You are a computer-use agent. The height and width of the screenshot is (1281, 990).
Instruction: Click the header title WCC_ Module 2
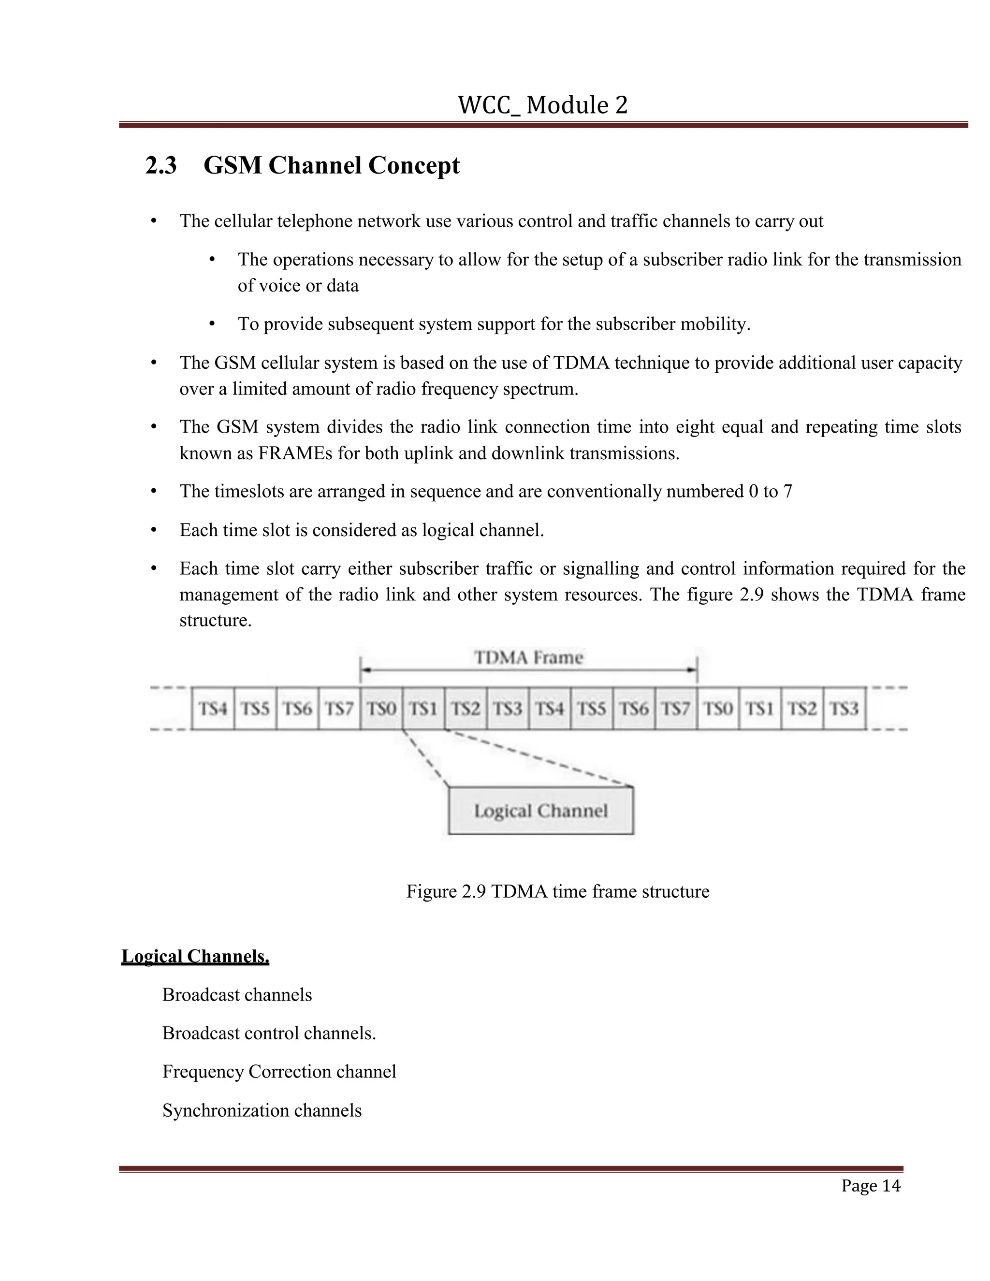tap(542, 105)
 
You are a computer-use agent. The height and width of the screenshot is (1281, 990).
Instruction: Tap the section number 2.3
tap(160, 166)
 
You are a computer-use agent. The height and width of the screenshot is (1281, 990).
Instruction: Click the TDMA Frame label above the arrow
tap(528, 657)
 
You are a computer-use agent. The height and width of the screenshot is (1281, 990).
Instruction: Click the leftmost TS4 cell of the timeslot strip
tap(213, 709)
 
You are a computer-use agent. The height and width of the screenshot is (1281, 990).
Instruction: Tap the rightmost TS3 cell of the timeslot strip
tap(844, 709)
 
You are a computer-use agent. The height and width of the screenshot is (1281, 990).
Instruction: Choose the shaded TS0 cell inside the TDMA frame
tap(381, 709)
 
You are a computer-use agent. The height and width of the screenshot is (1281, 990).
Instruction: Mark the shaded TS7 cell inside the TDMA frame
tap(676, 709)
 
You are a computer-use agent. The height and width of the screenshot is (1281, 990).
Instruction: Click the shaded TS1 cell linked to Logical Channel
tap(423, 709)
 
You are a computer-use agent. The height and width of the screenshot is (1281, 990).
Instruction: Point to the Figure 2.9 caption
tap(557, 891)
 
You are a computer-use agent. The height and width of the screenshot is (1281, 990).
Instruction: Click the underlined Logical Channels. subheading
tap(195, 957)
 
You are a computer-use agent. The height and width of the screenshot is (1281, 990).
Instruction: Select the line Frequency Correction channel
tap(279, 1072)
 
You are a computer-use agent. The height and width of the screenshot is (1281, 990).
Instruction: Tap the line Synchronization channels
tap(262, 1110)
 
